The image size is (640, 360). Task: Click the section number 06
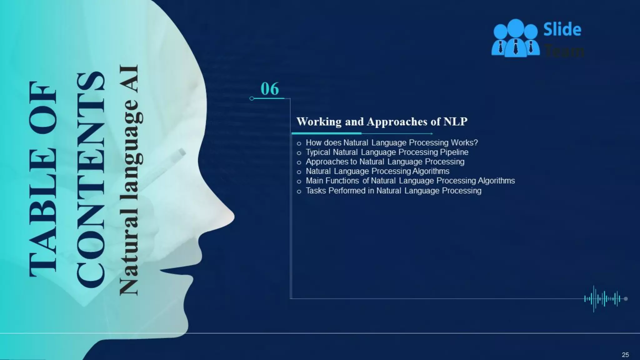click(269, 89)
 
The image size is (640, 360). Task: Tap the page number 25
click(625, 355)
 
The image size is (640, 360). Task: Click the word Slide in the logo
click(562, 30)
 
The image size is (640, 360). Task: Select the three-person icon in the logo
click(515, 38)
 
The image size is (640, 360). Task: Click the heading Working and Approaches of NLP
click(382, 122)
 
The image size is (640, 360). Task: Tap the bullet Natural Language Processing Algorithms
click(377, 171)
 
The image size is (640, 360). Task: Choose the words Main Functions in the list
click(332, 181)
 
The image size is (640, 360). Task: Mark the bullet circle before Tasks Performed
click(299, 191)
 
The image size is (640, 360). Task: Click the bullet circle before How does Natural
click(299, 143)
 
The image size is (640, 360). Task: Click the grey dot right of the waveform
click(626, 299)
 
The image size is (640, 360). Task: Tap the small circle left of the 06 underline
click(252, 98)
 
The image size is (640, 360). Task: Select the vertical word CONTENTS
click(91, 180)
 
